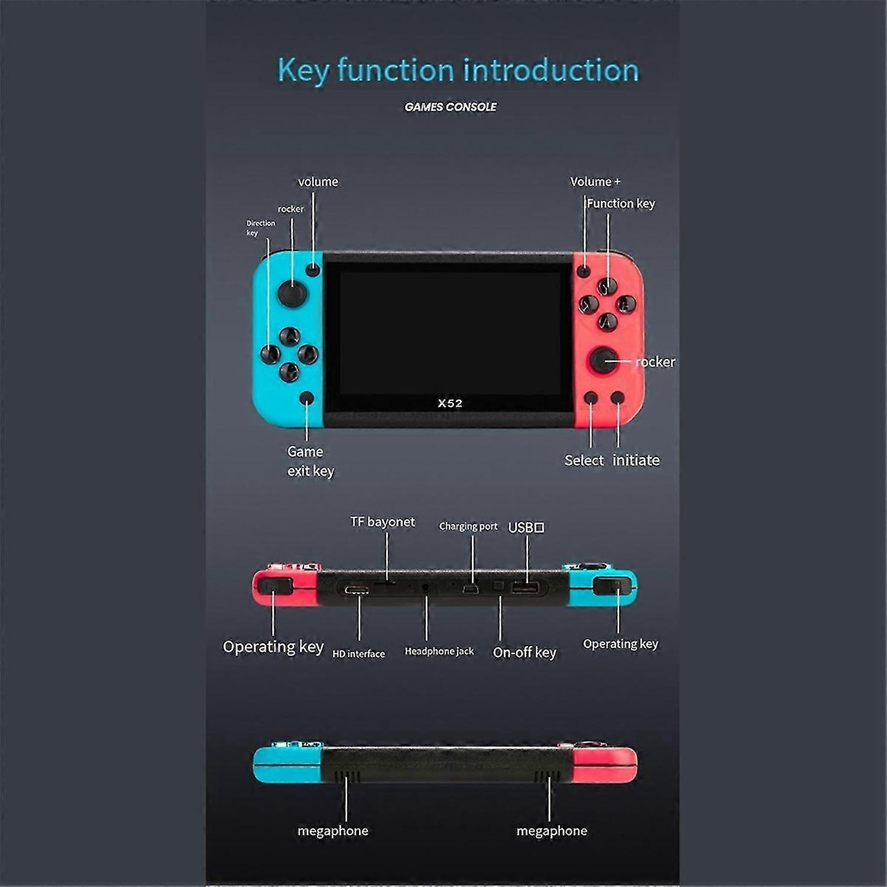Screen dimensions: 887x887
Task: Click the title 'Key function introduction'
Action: click(x=458, y=70)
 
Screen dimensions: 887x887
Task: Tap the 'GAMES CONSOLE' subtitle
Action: click(x=451, y=107)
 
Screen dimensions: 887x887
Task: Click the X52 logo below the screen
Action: click(x=450, y=403)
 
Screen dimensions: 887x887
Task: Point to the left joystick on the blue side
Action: click(x=292, y=293)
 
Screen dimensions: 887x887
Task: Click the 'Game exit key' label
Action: click(x=310, y=461)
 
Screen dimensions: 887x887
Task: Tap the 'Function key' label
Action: click(x=621, y=203)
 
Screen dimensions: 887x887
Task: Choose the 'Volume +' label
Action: click(x=595, y=182)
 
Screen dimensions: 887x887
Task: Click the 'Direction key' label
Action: click(x=260, y=228)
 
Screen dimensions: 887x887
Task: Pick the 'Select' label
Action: click(x=584, y=460)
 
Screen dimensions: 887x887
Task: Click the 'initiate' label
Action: click(x=636, y=460)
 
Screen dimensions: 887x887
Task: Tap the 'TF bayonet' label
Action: click(x=383, y=522)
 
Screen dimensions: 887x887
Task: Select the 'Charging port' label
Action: click(x=468, y=526)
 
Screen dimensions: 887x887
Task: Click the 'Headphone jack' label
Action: click(x=439, y=651)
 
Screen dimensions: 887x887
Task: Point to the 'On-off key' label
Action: click(x=525, y=652)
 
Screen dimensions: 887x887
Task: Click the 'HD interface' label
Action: click(x=358, y=653)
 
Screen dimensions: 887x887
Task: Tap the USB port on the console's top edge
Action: click(x=525, y=588)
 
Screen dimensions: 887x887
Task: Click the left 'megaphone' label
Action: click(x=333, y=831)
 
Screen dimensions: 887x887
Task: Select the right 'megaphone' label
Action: click(x=552, y=831)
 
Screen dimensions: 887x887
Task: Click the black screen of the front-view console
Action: click(x=449, y=331)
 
